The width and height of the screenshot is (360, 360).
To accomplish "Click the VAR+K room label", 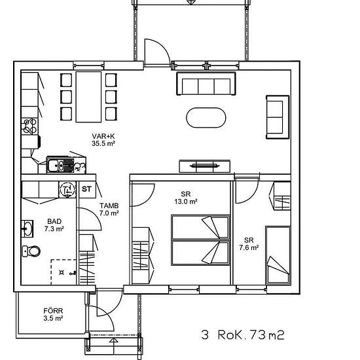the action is tap(103, 136).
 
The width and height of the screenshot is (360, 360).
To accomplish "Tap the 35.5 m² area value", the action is tap(103, 143).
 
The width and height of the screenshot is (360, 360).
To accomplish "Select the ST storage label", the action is tap(86, 189).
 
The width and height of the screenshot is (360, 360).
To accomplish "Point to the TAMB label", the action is tap(109, 206).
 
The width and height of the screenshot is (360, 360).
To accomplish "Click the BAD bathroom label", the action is tap(54, 221).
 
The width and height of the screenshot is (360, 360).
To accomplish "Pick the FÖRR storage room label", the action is tap(53, 311).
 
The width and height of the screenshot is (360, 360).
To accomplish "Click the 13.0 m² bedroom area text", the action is tap(186, 202).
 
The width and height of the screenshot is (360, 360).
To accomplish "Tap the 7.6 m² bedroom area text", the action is tap(249, 247).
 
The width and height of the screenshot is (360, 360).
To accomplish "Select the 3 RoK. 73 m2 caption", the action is tap(243, 334).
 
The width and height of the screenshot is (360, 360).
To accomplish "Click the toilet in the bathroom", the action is tap(31, 251).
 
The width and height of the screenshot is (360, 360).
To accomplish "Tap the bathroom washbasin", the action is tap(27, 228).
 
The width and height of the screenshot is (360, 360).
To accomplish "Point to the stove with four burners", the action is tap(30, 126).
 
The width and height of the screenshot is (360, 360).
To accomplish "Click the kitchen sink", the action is tap(60, 166).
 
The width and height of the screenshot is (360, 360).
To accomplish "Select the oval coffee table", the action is tap(206, 118).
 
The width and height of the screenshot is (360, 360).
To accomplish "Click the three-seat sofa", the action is tap(206, 84).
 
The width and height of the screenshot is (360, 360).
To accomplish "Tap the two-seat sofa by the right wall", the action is tap(278, 117).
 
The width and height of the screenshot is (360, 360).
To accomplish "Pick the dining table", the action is tap(88, 97).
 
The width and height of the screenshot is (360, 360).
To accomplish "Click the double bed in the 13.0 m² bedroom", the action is tap(200, 240).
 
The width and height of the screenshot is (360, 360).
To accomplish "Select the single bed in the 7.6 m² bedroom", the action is tap(278, 255).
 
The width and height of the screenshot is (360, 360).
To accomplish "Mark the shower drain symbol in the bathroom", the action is tap(62, 272).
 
